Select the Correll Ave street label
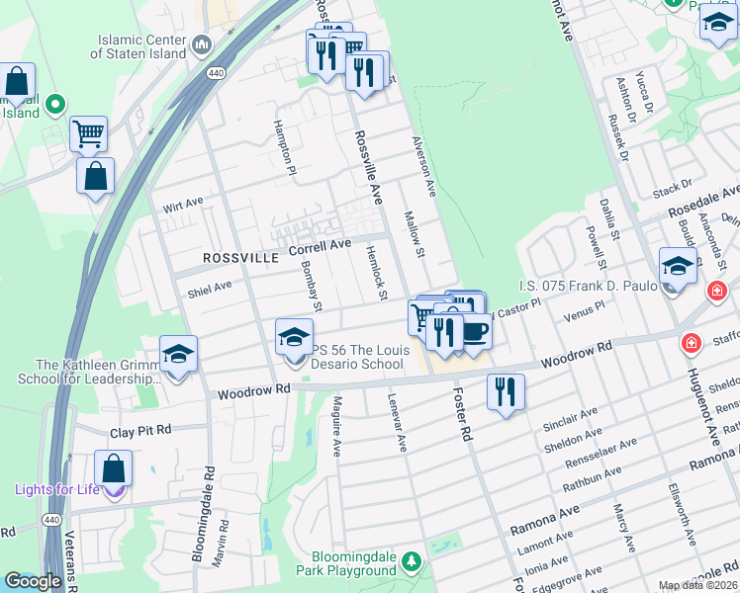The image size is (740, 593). (320, 246)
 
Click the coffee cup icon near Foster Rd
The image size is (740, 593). (474, 331)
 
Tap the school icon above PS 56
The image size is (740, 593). (293, 339)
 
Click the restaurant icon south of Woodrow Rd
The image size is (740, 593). (506, 391)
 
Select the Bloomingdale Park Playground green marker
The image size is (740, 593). (411, 562)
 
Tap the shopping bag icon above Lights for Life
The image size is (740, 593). (114, 468)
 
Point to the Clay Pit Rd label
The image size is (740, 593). (140, 431)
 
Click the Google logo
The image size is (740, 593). (34, 581)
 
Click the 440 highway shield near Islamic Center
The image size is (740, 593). (214, 73)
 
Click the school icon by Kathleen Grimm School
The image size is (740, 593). (178, 354)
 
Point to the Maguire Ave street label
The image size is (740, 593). (336, 423)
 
